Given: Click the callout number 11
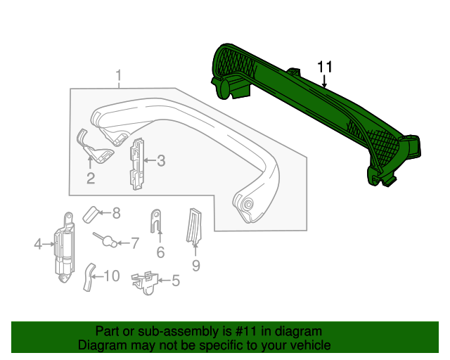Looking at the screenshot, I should [324, 67].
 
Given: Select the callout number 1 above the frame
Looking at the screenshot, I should [119, 75].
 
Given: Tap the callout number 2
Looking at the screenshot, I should [91, 178].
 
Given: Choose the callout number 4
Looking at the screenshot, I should [38, 245].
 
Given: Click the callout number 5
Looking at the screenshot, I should [175, 282].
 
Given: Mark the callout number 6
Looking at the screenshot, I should [160, 252].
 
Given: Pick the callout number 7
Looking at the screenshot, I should [134, 243].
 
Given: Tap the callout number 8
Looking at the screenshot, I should [117, 212].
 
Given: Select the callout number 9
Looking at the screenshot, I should [196, 265].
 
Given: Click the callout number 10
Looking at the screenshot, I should [112, 276].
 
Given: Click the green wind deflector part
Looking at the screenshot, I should [316, 112].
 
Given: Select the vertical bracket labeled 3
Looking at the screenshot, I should [136, 163].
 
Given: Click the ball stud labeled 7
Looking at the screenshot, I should [107, 240].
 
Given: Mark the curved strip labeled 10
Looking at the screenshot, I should [89, 277].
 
